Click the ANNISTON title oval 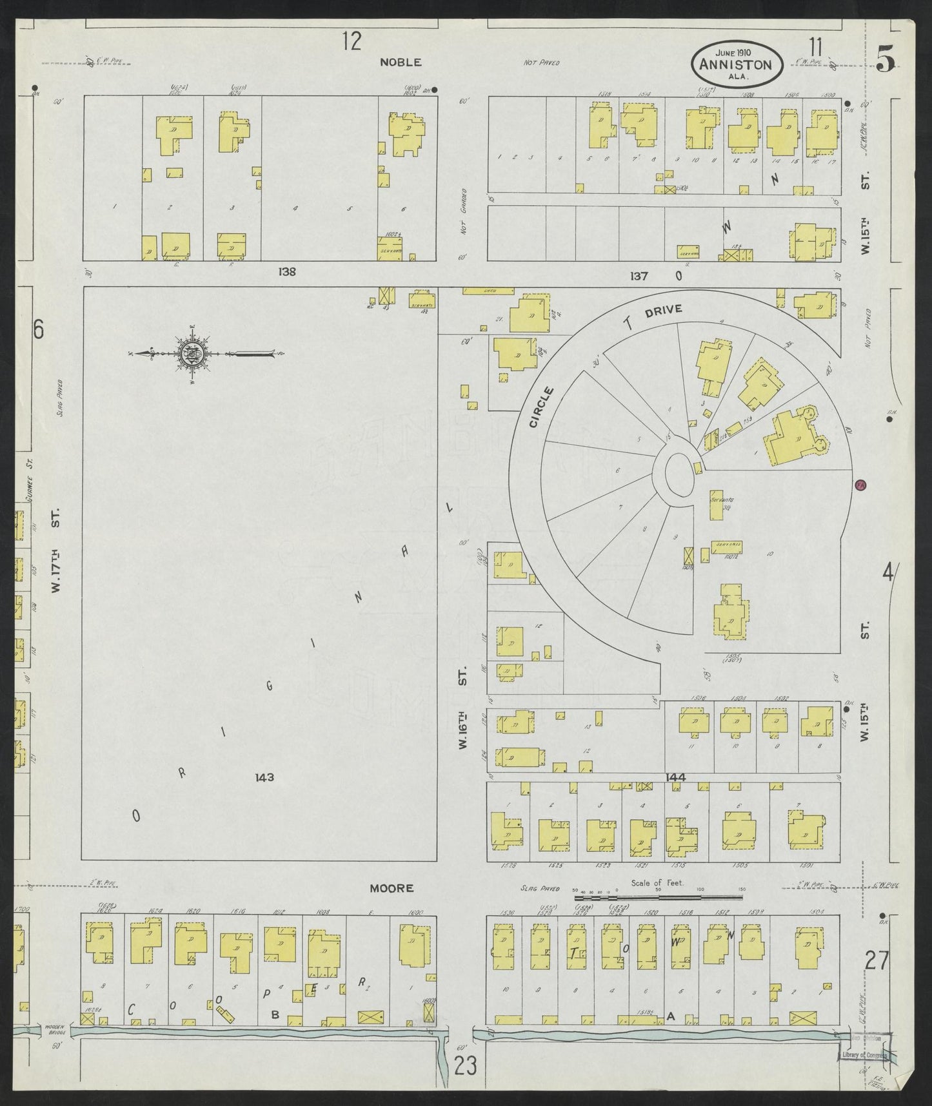pos(737,63)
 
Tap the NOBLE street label pos(400,63)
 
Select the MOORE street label pos(392,888)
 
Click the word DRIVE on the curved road pos(663,311)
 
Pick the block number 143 pos(264,777)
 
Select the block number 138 pos(287,272)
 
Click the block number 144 pos(677,778)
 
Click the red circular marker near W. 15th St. pos(860,485)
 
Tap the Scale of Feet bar pos(658,897)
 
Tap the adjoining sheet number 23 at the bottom pos(464,1065)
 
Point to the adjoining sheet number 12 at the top pos(352,42)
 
